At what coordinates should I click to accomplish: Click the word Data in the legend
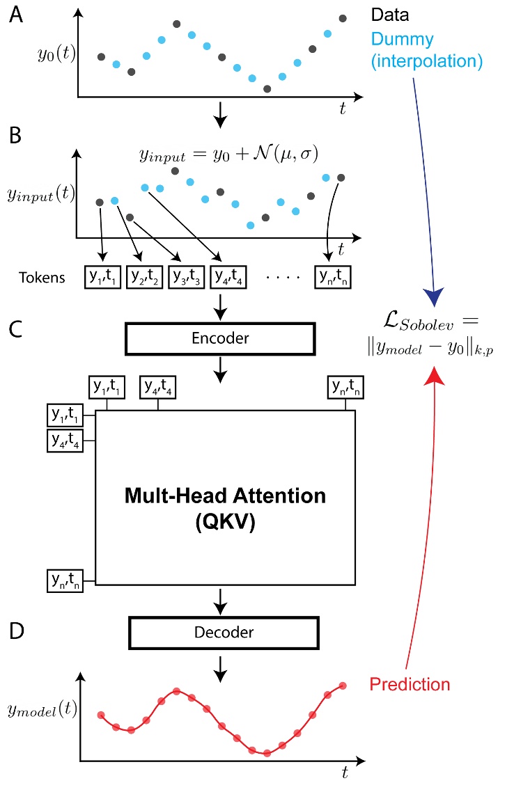(x=391, y=15)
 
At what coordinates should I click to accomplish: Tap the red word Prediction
(x=410, y=684)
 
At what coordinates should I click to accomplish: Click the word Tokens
(x=42, y=278)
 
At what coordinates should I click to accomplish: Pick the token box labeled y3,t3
(x=186, y=278)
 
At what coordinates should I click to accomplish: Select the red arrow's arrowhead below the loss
(x=436, y=374)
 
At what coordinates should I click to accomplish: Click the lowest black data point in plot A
(x=267, y=88)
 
